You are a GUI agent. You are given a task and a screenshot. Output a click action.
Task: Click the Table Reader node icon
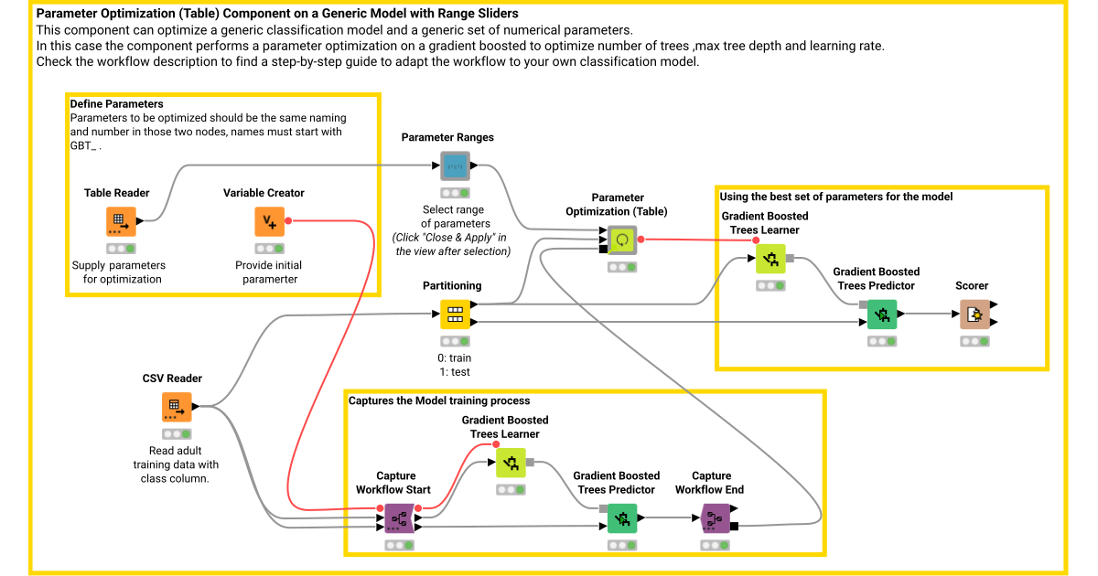click(x=117, y=221)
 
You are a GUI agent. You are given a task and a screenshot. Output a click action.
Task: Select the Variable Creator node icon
click(x=269, y=221)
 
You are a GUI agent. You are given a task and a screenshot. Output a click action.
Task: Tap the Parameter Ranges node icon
click(x=455, y=166)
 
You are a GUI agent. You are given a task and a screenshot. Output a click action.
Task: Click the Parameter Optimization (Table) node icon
click(x=622, y=240)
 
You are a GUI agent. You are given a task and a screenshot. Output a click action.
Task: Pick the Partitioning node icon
click(x=455, y=315)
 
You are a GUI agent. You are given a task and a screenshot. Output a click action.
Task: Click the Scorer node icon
click(x=974, y=315)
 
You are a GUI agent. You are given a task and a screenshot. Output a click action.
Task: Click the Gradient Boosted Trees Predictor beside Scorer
click(x=882, y=315)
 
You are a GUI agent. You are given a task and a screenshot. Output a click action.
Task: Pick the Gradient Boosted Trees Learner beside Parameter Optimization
click(x=770, y=261)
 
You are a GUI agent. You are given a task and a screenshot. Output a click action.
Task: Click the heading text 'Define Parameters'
click(x=116, y=104)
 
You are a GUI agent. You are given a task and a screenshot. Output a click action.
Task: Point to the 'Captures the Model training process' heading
click(x=439, y=400)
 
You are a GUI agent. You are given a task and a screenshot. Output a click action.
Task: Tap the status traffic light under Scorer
click(x=974, y=341)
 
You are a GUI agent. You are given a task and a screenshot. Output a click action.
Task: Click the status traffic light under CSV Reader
click(x=177, y=433)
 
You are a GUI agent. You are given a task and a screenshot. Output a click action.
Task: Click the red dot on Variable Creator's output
click(x=288, y=220)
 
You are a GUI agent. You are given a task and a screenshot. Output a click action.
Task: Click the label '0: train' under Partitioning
click(x=455, y=358)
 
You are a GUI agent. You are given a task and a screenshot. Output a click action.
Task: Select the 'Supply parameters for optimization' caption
click(x=118, y=272)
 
